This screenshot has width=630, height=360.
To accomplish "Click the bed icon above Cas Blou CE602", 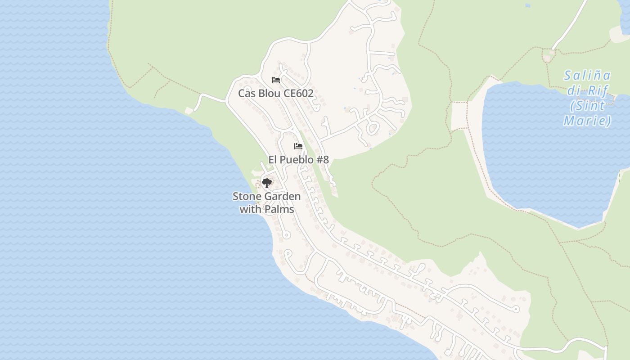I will point(276,80).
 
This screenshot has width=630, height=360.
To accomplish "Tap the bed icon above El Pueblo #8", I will point(298,146).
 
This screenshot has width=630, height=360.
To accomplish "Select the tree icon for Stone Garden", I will point(267,183).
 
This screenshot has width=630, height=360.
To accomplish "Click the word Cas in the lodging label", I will point(247,94).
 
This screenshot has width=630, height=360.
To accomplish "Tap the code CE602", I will point(299,94).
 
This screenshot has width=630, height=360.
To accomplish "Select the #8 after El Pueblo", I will point(323,160).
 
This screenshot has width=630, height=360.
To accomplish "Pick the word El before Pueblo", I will point(273,160).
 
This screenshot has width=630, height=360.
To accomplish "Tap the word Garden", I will point(283,196).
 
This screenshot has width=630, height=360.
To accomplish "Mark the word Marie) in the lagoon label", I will point(587,121).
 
